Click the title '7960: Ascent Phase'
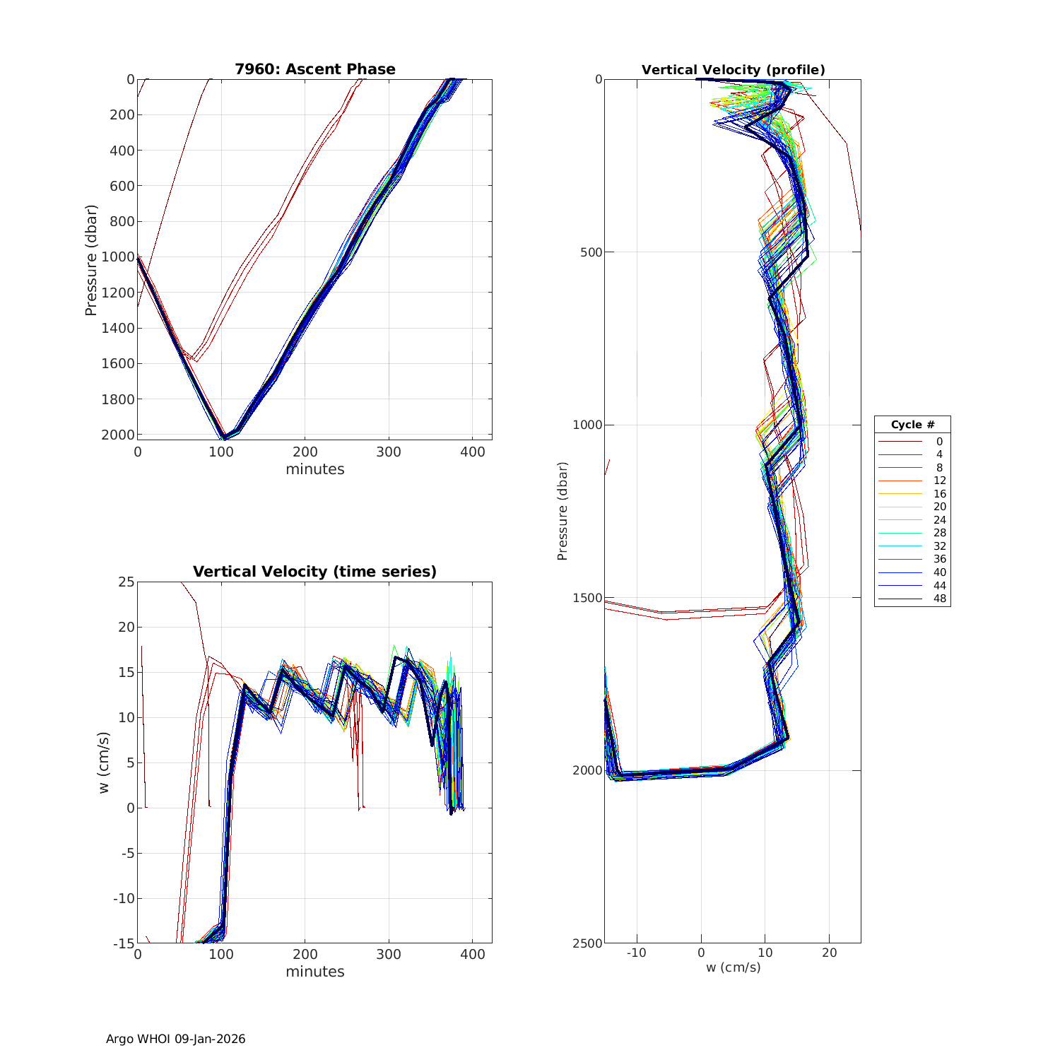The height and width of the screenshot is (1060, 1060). pyautogui.click(x=315, y=69)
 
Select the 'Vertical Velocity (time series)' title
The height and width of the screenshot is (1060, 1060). pyautogui.click(x=315, y=572)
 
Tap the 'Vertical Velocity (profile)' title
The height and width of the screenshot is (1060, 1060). pyautogui.click(x=734, y=70)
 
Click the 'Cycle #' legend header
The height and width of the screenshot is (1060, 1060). pyautogui.click(x=912, y=425)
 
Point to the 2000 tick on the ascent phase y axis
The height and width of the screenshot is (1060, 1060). pyautogui.click(x=118, y=435)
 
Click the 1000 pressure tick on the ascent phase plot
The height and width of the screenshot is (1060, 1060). pyautogui.click(x=118, y=257)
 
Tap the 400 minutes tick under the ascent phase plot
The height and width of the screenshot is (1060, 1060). pyautogui.click(x=473, y=452)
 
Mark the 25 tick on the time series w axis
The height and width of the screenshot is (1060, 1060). pyautogui.click(x=126, y=582)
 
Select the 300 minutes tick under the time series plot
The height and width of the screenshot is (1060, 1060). pyautogui.click(x=389, y=955)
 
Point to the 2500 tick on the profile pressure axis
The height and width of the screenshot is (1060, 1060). pyautogui.click(x=588, y=943)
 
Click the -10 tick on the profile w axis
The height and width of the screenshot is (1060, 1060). pyautogui.click(x=636, y=953)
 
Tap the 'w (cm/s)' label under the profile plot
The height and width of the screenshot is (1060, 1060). pyautogui.click(x=734, y=967)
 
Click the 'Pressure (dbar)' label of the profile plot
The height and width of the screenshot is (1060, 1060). pyautogui.click(x=563, y=511)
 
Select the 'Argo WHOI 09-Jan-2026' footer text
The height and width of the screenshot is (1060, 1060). pyautogui.click(x=176, y=1039)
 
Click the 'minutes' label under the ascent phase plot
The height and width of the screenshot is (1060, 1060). pyautogui.click(x=315, y=469)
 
